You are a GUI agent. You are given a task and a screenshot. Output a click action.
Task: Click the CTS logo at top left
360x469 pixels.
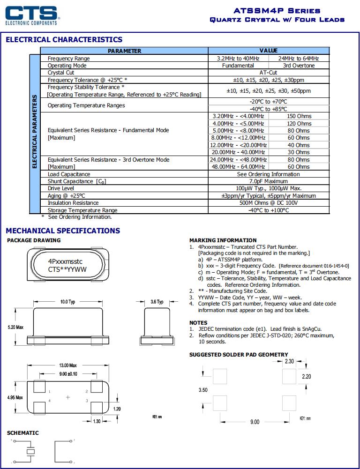pos(31,15)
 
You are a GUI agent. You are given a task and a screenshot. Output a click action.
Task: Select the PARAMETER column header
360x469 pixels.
pos(124,51)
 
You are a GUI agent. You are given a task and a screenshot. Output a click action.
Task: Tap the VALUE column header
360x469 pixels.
pos(269,51)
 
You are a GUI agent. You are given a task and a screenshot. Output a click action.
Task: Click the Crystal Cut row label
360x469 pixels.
pos(61,73)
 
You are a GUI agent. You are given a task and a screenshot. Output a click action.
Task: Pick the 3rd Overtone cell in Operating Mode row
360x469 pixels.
pos(299,66)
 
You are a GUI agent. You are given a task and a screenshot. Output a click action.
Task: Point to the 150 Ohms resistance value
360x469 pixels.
pos(299,116)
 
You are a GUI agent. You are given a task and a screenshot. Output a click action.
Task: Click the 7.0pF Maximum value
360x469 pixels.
pos(269,181)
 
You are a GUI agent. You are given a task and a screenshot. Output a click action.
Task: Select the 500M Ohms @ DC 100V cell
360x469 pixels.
pos(269,203)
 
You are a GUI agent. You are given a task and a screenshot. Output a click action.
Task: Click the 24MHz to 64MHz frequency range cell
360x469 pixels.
pos(299,59)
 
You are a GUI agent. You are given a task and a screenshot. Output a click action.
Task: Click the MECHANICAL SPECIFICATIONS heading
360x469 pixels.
pos(63,231)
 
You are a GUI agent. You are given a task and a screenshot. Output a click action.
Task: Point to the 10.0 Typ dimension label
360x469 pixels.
pos(67,302)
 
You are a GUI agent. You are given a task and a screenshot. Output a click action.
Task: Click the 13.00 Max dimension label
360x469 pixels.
pos(67,365)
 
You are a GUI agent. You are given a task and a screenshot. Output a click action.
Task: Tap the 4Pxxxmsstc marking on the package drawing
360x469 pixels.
pos(66,261)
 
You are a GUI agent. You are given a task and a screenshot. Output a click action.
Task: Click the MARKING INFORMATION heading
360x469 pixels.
pos(223,240)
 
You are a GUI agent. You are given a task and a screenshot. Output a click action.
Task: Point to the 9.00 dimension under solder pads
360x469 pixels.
pos(254,422)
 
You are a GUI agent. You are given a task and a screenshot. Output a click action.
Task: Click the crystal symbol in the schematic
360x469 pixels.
pos(30,452)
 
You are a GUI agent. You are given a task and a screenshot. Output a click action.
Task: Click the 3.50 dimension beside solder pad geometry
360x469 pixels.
pos(203,390)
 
